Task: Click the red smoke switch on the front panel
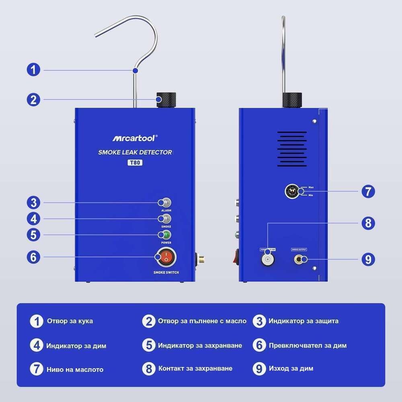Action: click(165, 258)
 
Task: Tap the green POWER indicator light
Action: click(165, 235)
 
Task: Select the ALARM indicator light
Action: click(165, 203)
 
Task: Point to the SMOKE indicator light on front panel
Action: click(165, 219)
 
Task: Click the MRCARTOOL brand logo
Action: click(135, 138)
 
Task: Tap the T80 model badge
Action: click(135, 163)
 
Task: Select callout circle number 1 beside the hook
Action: click(34, 70)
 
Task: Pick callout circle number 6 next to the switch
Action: click(34, 257)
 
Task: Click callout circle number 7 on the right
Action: click(368, 191)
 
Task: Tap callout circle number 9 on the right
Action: click(368, 259)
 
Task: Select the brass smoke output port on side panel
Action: click(300, 259)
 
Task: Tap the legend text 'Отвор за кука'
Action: click(70, 321)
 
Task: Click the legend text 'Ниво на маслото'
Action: click(75, 369)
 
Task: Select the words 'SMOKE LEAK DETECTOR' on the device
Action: click(135, 152)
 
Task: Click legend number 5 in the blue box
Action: click(149, 345)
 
